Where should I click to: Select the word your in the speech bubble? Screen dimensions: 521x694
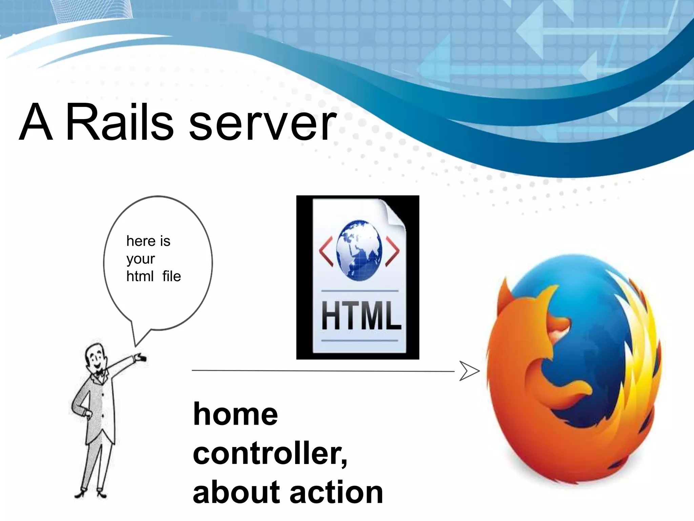pyautogui.click(x=140, y=259)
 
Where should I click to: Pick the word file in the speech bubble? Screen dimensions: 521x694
pyautogui.click(x=171, y=276)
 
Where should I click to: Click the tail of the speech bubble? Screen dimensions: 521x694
pyautogui.click(x=139, y=337)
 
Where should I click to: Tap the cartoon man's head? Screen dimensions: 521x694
pyautogui.click(x=95, y=358)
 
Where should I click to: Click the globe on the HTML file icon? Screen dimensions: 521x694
pyautogui.click(x=359, y=250)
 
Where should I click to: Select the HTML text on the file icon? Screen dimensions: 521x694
pyautogui.click(x=361, y=315)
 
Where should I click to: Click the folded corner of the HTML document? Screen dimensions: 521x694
pyautogui.click(x=393, y=212)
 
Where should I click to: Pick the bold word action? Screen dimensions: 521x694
pyautogui.click(x=336, y=493)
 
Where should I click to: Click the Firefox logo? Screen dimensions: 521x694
pyautogui.click(x=573, y=370)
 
